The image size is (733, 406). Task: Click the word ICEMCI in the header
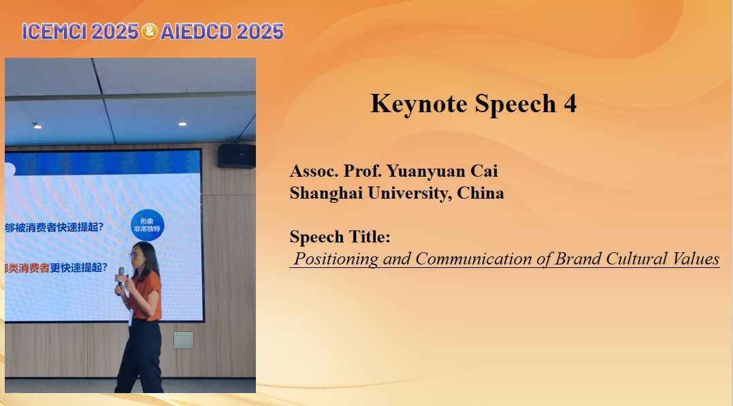[54, 32]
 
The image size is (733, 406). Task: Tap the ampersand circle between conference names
[150, 31]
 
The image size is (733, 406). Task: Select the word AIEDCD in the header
[196, 32]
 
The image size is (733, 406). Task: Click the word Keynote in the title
[419, 104]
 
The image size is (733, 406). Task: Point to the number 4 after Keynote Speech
[570, 104]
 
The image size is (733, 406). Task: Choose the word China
[480, 193]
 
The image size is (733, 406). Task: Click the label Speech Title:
[340, 237]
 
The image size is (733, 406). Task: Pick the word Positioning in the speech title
[336, 259]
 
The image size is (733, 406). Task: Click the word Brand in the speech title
[578, 259]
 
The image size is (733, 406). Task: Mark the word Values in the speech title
[696, 259]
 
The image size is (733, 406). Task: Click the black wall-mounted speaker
[237, 156]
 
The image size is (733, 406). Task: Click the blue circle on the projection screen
[147, 224]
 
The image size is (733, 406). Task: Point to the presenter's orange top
[146, 295]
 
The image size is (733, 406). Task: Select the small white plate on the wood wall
[183, 339]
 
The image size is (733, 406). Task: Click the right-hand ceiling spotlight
[182, 124]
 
